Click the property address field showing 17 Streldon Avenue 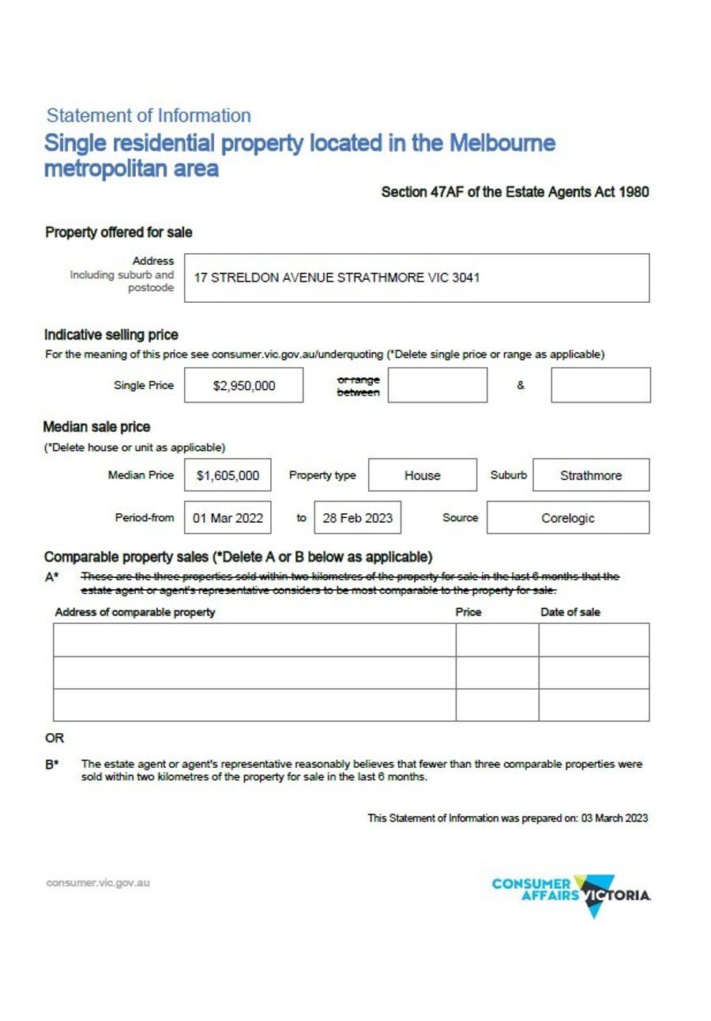[x=416, y=278]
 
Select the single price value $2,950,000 [x=244, y=386]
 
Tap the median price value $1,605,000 [x=228, y=475]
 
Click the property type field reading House [x=423, y=475]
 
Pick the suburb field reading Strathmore [x=591, y=475]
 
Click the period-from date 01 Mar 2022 [x=228, y=518]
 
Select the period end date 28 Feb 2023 [x=357, y=518]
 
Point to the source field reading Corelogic [x=568, y=518]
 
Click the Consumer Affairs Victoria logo [x=571, y=894]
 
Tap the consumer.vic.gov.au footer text [x=98, y=883]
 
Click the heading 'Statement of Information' [x=149, y=115]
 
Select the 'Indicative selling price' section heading [x=111, y=335]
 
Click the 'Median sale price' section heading [x=96, y=427]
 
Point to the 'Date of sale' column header [x=570, y=612]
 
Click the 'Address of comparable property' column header [x=135, y=612]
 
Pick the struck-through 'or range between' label [x=358, y=386]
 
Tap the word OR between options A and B [x=55, y=738]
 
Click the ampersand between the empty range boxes [x=521, y=386]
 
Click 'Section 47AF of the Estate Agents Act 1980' [x=515, y=192]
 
